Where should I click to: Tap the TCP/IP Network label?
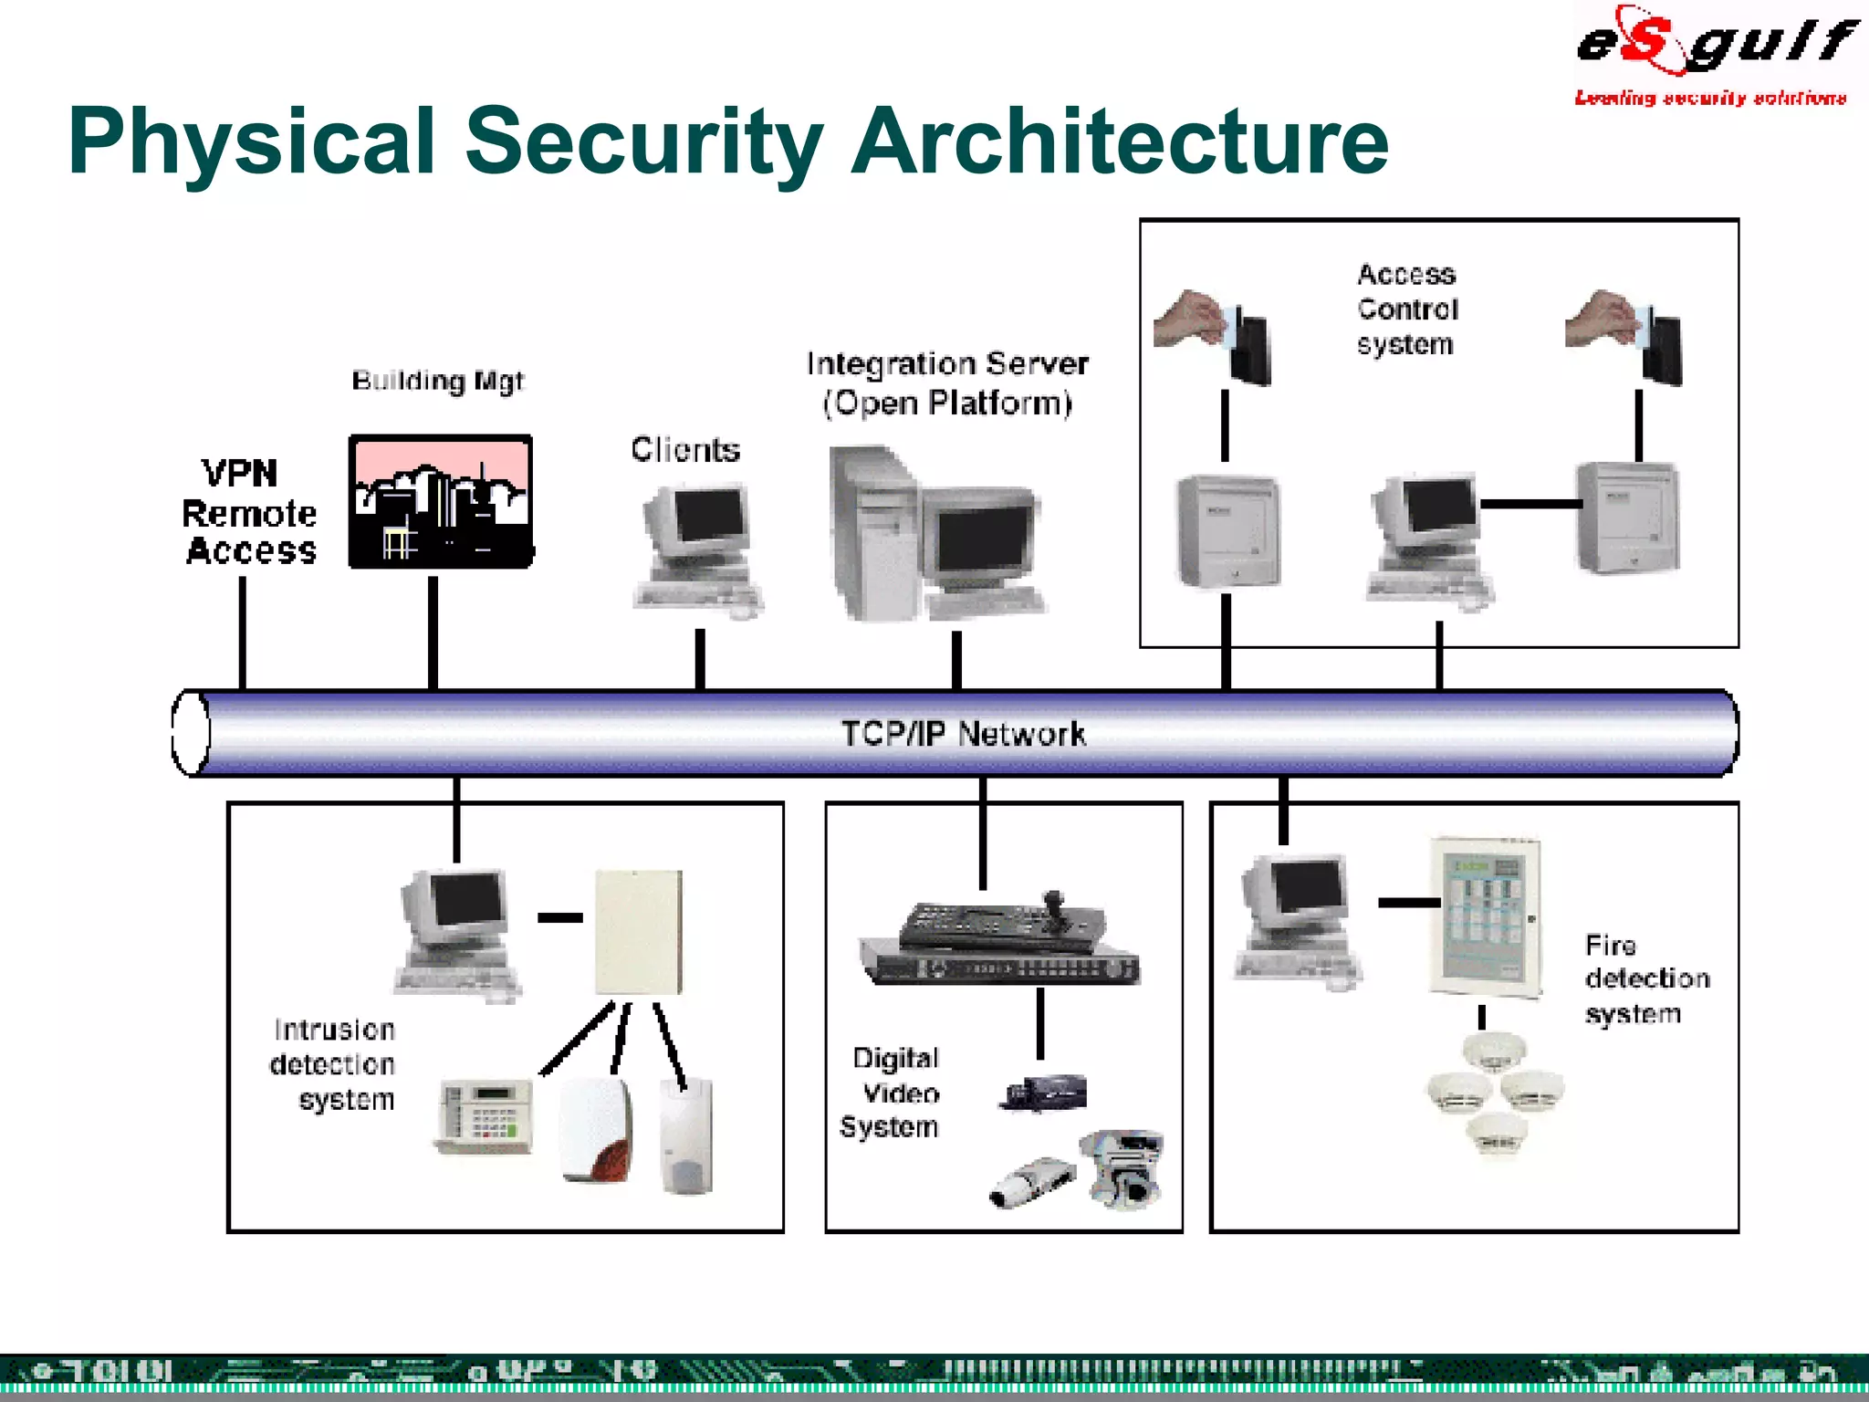tap(963, 734)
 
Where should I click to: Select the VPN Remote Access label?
tap(248, 513)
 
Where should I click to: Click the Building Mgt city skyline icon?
tap(441, 502)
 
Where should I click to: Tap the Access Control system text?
tap(1406, 309)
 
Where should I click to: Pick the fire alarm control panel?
tap(1485, 916)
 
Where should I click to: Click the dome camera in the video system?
tap(1123, 1168)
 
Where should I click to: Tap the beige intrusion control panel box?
tap(639, 932)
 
